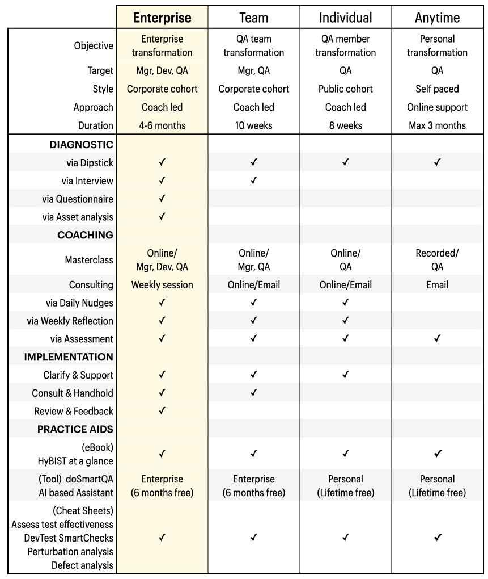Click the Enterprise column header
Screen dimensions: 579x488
[162, 18]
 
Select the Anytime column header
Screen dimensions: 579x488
[437, 18]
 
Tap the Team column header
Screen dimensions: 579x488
[253, 18]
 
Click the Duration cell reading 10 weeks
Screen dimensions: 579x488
[253, 125]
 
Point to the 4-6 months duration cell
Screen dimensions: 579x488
[162, 125]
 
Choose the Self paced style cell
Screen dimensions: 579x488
[437, 89]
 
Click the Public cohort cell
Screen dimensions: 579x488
[345, 89]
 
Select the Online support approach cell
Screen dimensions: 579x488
[437, 107]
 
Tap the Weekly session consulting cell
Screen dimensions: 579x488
[162, 285]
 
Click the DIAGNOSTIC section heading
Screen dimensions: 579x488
[82, 145]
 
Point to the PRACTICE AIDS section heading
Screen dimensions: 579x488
[75, 429]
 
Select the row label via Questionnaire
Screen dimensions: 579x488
[78, 199]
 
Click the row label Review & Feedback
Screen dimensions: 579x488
[74, 411]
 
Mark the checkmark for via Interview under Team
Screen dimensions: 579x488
[253, 181]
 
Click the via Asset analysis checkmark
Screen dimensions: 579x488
[162, 217]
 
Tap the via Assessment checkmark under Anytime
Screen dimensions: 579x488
[437, 339]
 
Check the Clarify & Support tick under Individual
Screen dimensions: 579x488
[345, 375]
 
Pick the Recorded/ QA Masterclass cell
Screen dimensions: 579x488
[437, 260]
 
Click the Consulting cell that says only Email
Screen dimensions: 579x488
[437, 285]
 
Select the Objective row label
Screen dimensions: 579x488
[94, 46]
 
